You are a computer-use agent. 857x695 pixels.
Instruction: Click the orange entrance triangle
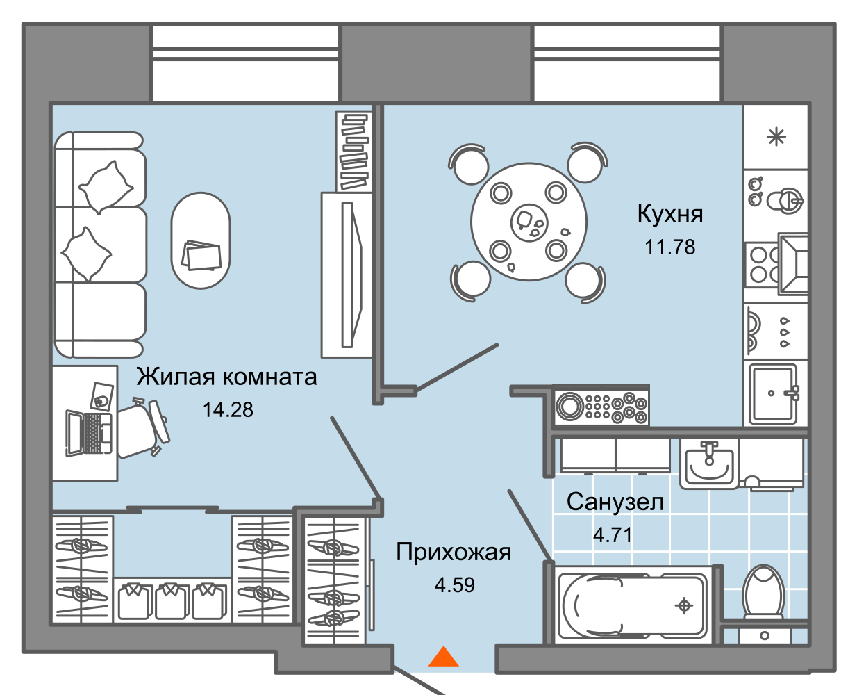click(443, 657)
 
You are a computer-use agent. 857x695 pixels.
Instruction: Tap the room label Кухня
click(670, 214)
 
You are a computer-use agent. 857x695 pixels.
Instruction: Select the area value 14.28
click(228, 410)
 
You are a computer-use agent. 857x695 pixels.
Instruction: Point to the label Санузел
click(615, 502)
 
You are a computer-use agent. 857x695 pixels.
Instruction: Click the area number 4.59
click(455, 585)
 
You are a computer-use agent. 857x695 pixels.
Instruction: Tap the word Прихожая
click(454, 553)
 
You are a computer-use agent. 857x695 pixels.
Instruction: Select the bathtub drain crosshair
click(684, 606)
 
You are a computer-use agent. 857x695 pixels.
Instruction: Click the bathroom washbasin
click(708, 463)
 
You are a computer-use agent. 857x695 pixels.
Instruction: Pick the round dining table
click(529, 222)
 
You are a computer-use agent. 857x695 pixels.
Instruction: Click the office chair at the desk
click(142, 428)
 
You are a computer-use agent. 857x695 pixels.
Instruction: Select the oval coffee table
click(201, 240)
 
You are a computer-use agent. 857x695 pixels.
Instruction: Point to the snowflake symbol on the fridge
click(776, 137)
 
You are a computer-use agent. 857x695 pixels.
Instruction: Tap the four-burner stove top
click(761, 265)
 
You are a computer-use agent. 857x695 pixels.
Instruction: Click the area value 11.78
click(670, 247)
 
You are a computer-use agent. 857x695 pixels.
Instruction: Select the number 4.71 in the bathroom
click(613, 535)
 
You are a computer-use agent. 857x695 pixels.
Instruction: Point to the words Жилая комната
click(226, 377)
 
